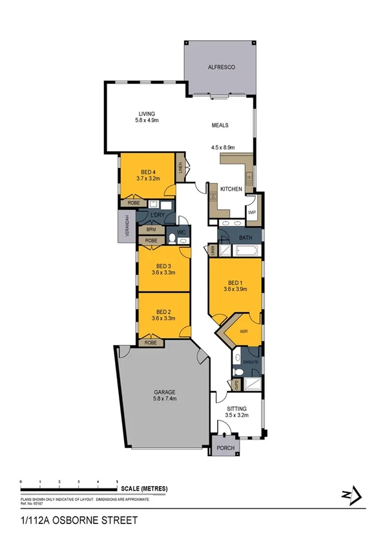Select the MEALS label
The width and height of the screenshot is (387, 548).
click(x=221, y=125)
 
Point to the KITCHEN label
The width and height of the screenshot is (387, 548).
click(x=231, y=189)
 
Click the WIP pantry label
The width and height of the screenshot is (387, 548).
click(x=252, y=212)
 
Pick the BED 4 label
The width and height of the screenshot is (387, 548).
click(x=148, y=171)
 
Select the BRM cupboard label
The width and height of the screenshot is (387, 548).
click(x=151, y=229)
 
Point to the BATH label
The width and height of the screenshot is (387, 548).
click(x=246, y=238)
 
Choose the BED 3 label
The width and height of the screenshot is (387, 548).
click(x=163, y=266)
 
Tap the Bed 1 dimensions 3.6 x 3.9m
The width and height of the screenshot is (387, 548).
click(x=235, y=289)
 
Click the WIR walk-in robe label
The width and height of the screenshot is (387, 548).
click(x=244, y=332)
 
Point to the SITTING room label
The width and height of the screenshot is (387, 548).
click(x=237, y=409)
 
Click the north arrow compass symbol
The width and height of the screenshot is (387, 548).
click(x=348, y=495)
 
